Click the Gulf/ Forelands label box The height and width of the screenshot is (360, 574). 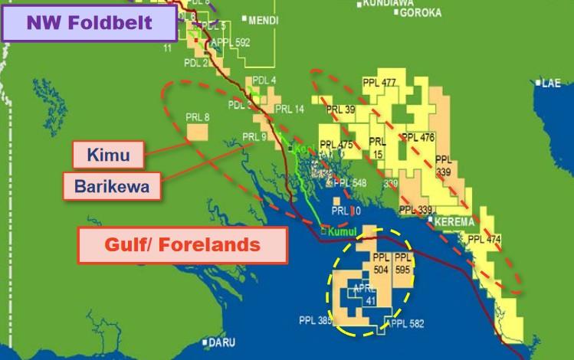[x=182, y=246]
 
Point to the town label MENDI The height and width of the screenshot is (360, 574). [x=264, y=20]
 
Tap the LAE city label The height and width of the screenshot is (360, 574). [x=550, y=83]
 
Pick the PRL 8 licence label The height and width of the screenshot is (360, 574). [x=197, y=117]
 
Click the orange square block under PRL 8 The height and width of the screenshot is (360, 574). [x=198, y=133]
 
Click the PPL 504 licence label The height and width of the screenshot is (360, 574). [x=382, y=265]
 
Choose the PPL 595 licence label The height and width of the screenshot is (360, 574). [x=403, y=265]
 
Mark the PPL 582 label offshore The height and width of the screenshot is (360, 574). [x=406, y=324]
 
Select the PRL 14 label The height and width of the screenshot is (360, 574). [x=289, y=110]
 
